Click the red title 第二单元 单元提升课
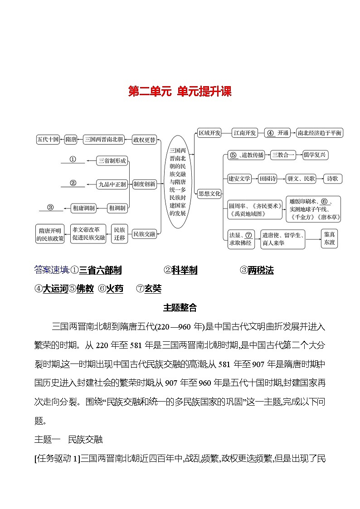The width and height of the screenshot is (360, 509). pos(180,92)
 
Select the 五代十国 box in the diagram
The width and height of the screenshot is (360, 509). pos(48,140)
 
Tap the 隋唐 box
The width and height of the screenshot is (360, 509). pos(71,140)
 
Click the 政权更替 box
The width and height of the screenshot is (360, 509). pos(144,140)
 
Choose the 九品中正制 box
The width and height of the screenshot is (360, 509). pos(112,184)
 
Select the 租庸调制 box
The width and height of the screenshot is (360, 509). pos(84,208)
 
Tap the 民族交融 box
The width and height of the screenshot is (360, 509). pos(144,234)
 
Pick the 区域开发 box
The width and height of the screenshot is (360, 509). pos(209,133)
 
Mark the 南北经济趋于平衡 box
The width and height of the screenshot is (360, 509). pos(319,133)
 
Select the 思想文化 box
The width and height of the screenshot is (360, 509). pos(209,194)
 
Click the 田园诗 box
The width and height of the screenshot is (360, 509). pos(268,179)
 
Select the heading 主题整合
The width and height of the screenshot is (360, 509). pos(180,308)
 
